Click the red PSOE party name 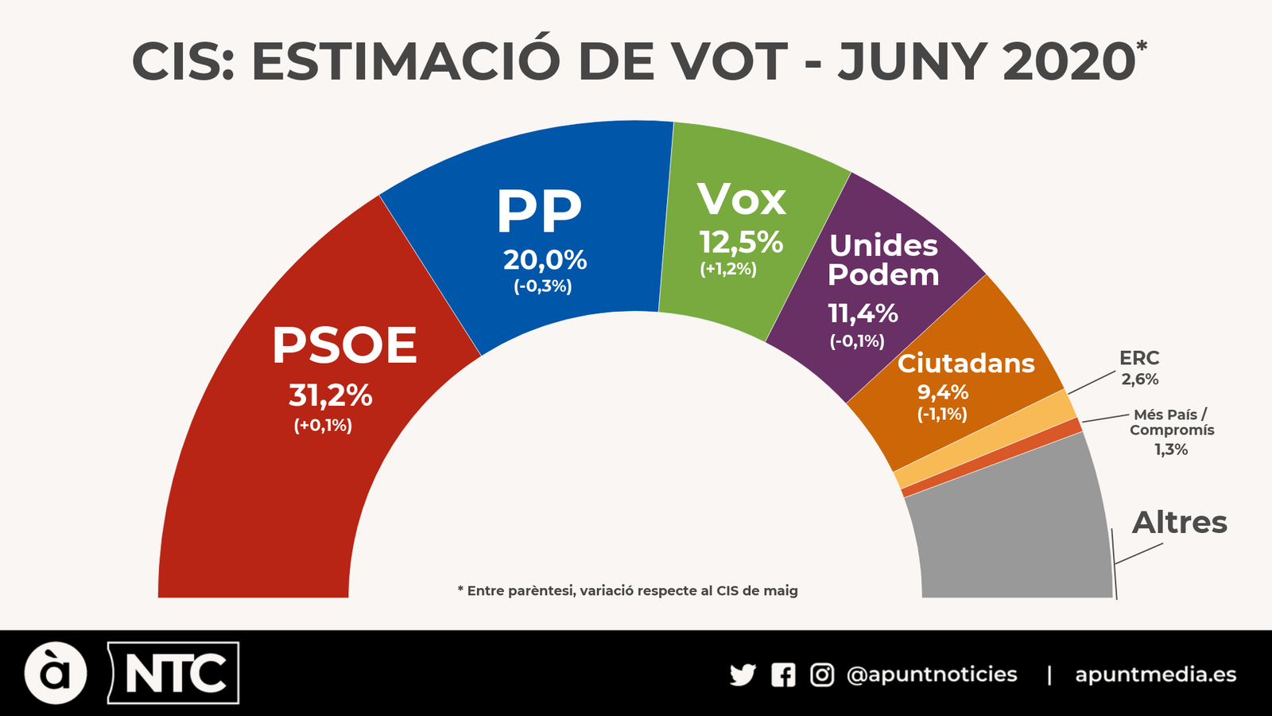point(344,346)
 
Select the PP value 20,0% point(545,260)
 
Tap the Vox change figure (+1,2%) point(728,269)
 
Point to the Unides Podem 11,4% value point(863,313)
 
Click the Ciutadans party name point(966,364)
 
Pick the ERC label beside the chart point(1139,358)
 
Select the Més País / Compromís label point(1172,422)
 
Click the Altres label point(1180,523)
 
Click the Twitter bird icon point(743,675)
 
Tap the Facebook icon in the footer point(783,675)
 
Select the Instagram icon point(822,675)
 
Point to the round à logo point(56,673)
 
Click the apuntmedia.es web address point(1155,675)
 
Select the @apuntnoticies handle point(932,675)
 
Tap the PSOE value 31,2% point(330,395)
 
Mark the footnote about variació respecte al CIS point(628,590)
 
